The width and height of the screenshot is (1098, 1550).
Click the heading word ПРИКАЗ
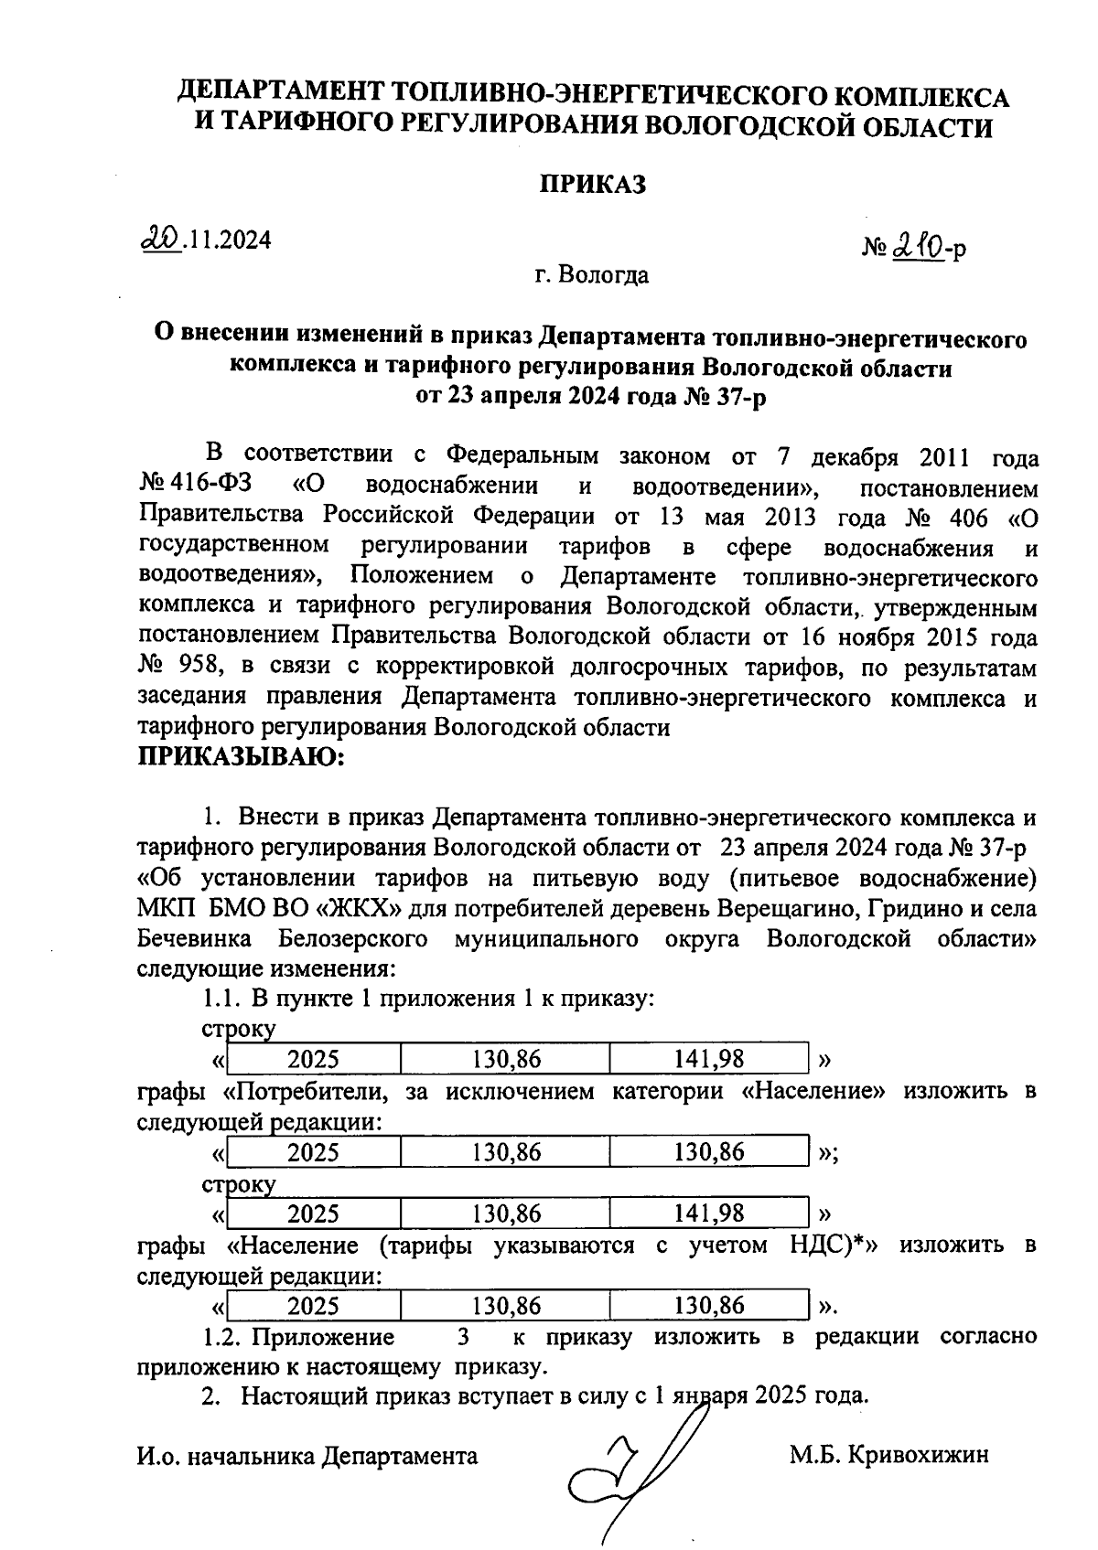pos(591,184)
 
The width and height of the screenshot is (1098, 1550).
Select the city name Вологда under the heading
pos(605,274)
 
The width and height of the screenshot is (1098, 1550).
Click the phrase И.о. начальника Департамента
pos(307,1456)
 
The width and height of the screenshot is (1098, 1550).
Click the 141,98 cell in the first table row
pos(709,1059)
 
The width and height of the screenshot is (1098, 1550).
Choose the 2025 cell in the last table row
pos(313,1305)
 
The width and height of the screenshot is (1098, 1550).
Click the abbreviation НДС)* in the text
pos(827,1245)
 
